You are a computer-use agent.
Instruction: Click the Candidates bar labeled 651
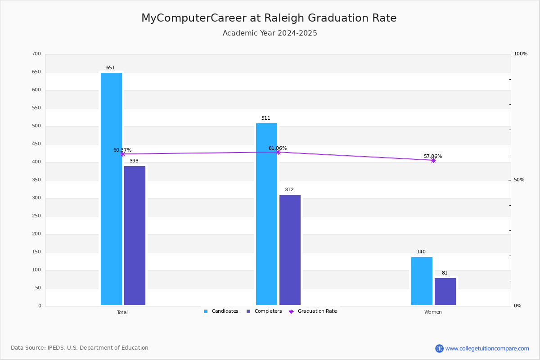[x=112, y=189]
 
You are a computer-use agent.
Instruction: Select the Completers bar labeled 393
[x=135, y=236]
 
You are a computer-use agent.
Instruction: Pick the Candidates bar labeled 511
[x=266, y=214]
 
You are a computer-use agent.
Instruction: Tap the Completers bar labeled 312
[x=290, y=250]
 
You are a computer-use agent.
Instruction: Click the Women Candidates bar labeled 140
[x=422, y=281]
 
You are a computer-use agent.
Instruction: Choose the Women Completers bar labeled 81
[x=445, y=292]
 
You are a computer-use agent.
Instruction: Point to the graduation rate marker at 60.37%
[x=123, y=154]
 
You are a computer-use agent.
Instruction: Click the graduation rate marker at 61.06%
[x=278, y=152]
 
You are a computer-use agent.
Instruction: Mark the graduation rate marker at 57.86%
[x=433, y=160]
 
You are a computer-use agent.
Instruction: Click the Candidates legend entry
[x=221, y=311]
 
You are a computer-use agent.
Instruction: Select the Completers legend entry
[x=264, y=311]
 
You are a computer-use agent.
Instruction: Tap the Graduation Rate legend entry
[x=313, y=311]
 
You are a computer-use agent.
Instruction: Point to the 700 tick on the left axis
[x=36, y=54]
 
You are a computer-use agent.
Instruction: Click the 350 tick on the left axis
[x=36, y=180]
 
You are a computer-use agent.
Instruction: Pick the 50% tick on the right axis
[x=519, y=180]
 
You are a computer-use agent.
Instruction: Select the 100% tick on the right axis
[x=521, y=54]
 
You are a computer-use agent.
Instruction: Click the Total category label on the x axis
[x=122, y=312]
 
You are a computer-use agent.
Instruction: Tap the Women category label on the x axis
[x=433, y=312]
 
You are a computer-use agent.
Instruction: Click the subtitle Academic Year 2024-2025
[x=270, y=33]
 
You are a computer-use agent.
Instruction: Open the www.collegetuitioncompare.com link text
[x=487, y=348]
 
